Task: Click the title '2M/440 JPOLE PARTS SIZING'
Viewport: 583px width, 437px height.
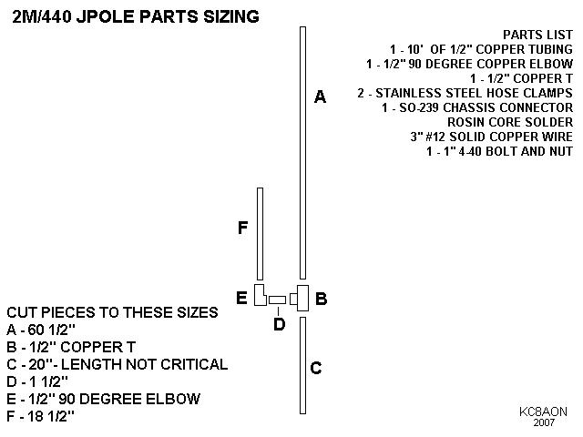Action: coord(136,16)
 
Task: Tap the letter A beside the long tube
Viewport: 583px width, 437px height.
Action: coord(320,97)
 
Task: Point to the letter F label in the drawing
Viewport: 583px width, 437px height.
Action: coord(242,228)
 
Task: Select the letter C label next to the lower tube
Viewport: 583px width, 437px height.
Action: coord(316,368)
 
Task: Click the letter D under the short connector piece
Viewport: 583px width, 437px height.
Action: coord(280,323)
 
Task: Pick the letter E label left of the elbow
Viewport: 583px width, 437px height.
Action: coord(241,298)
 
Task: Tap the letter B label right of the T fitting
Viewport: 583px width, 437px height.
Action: coord(321,298)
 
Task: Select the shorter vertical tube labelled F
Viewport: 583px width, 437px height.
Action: coord(261,234)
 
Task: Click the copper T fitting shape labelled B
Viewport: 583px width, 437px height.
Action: coord(301,298)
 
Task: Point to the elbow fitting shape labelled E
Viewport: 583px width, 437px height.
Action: coord(260,296)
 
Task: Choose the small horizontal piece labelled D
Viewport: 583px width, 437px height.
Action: coord(278,300)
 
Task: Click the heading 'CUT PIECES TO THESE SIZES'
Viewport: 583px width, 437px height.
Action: coord(112,312)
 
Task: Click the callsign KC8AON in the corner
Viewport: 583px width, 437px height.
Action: coord(543,412)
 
